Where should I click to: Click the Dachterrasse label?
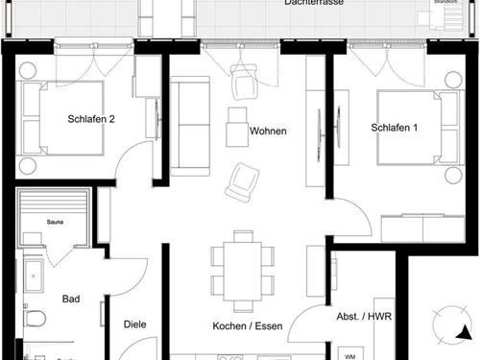tap(314, 4)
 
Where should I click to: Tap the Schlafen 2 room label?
tap(92, 120)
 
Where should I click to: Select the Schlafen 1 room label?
tap(395, 128)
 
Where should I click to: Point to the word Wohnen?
tap(268, 131)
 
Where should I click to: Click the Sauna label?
tap(57, 221)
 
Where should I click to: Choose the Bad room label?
tap(71, 299)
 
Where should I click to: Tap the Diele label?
tap(135, 324)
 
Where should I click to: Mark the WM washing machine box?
tap(349, 352)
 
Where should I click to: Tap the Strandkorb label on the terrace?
tap(446, 3)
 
